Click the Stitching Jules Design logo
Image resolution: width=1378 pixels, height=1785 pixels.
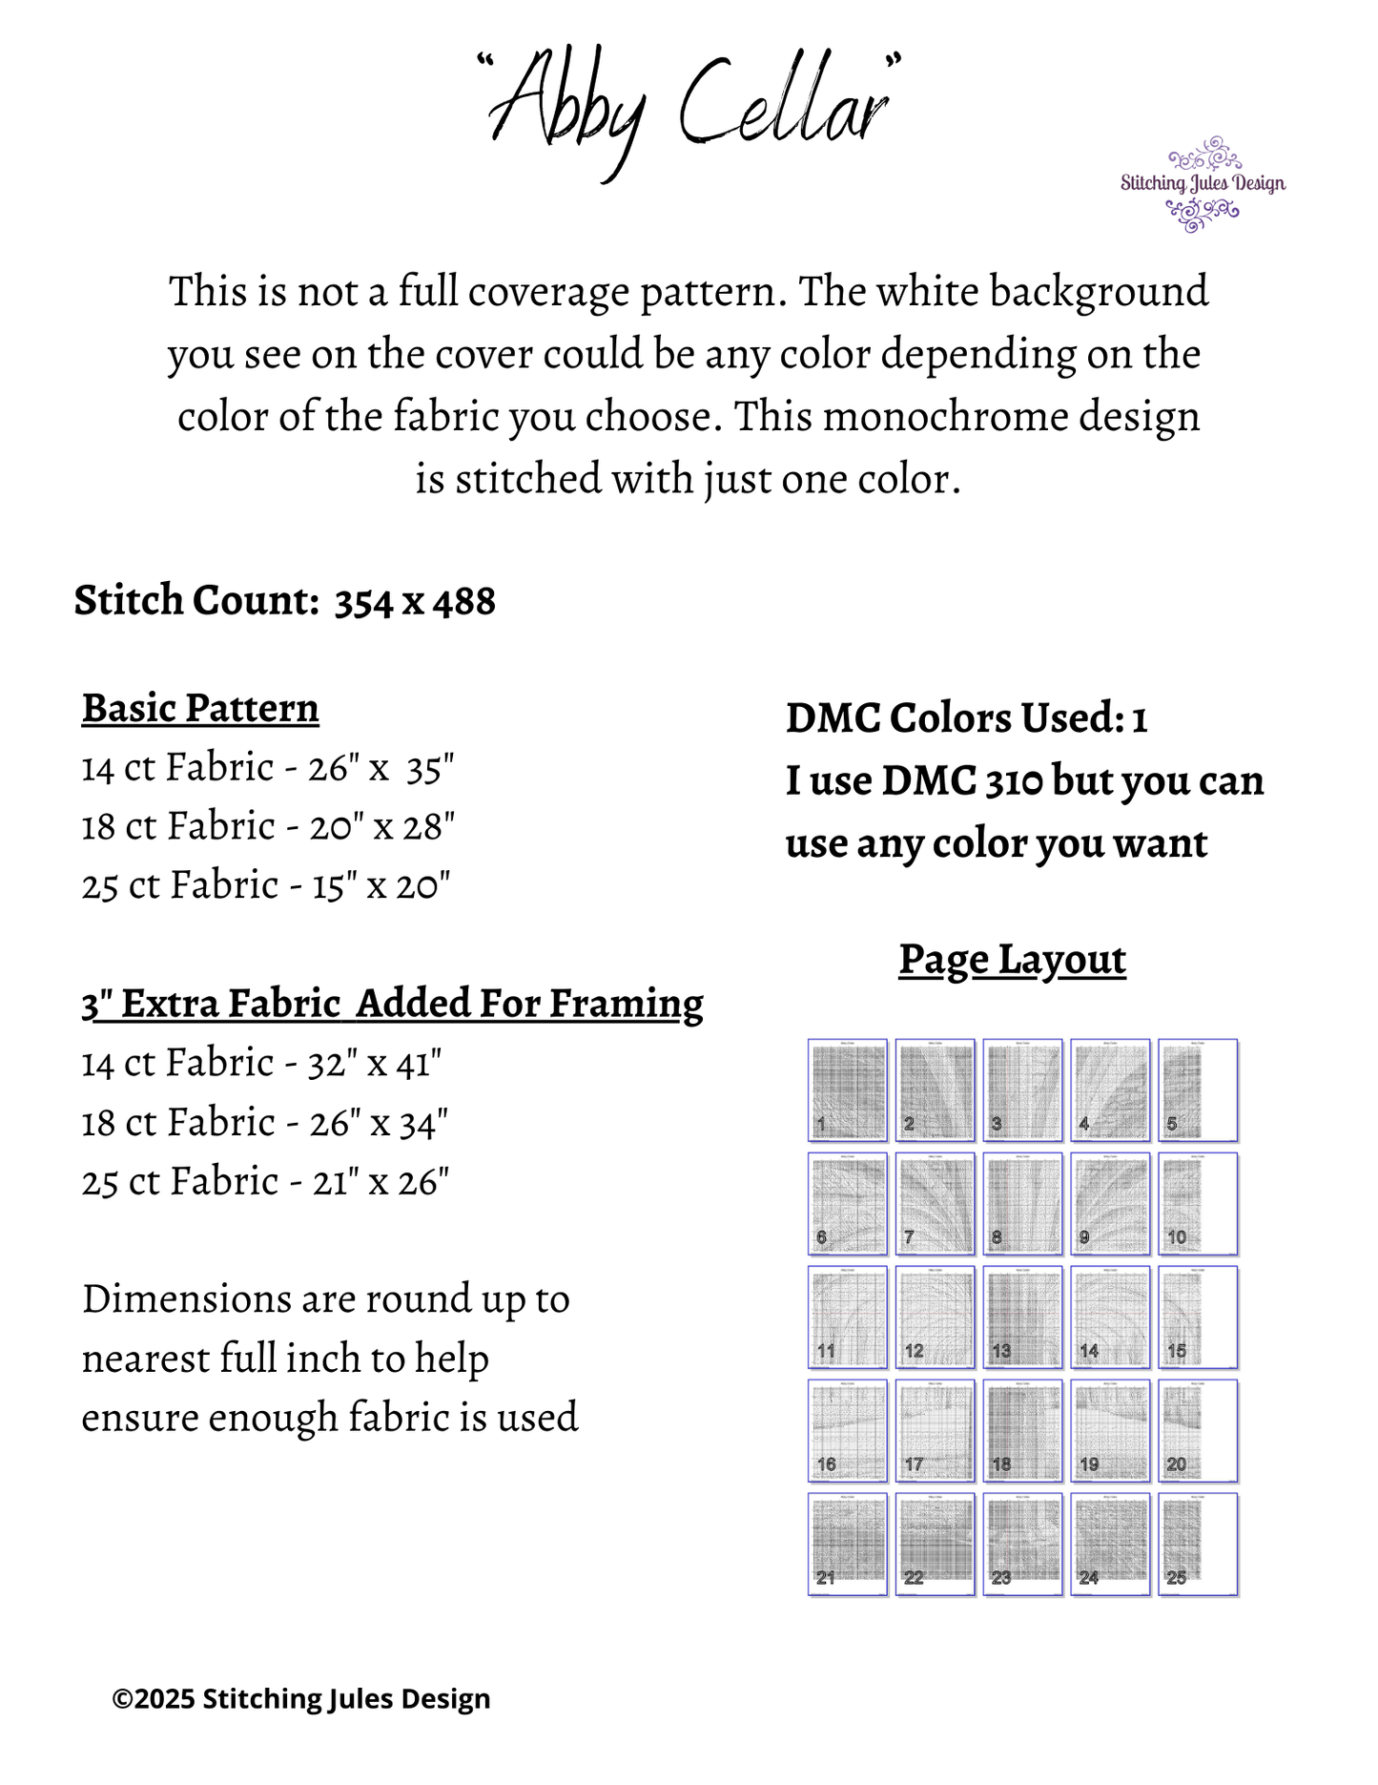pos(1203,184)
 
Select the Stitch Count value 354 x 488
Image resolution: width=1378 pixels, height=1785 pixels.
pos(415,602)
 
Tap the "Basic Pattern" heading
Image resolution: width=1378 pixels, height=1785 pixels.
pos(200,709)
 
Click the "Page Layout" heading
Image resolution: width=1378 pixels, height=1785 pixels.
pos(1012,960)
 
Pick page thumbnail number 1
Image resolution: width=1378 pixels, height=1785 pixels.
pos(847,1090)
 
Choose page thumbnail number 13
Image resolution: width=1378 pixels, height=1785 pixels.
pos(1022,1317)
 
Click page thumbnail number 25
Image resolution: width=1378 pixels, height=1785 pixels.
pos(1198,1544)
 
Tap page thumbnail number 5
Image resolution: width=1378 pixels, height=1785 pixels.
pos(1198,1090)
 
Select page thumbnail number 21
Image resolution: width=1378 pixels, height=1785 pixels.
pos(847,1544)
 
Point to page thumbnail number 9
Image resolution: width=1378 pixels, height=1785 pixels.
pos(1110,1203)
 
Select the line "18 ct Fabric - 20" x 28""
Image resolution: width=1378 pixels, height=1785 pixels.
pos(268,827)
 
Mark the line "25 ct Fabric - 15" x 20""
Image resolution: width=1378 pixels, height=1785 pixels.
pos(266,886)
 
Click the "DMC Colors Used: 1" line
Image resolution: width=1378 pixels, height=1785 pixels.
pos(966,718)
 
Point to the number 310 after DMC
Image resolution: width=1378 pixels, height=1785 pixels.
pos(1014,781)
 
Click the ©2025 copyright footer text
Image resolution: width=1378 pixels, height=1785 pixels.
pos(301,1699)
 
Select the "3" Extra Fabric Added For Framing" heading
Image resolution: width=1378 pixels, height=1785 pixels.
pos(392,1005)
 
